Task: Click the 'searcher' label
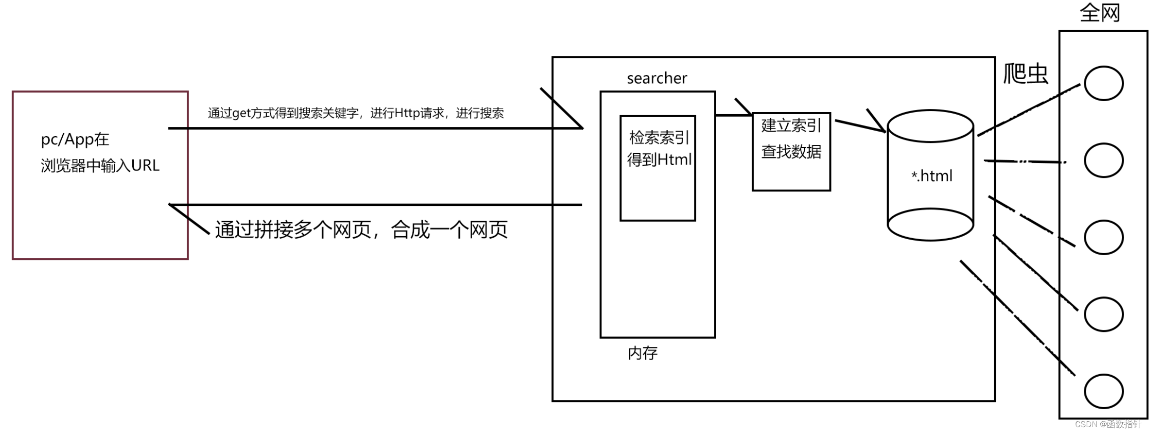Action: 656,78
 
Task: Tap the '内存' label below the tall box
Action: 642,353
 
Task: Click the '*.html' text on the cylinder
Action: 931,176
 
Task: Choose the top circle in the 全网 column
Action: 1103,83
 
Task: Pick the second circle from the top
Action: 1103,160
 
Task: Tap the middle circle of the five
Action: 1103,237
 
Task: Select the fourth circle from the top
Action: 1103,314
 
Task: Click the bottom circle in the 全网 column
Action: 1103,391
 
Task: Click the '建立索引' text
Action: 791,126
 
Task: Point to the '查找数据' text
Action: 791,152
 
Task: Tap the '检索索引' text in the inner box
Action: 659,138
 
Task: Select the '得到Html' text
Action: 659,159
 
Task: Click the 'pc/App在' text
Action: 75,140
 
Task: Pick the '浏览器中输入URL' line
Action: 100,166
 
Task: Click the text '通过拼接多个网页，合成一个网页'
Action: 361,230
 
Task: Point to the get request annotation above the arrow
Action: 355,113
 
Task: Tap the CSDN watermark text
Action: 1108,424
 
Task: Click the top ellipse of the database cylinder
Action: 930,126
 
